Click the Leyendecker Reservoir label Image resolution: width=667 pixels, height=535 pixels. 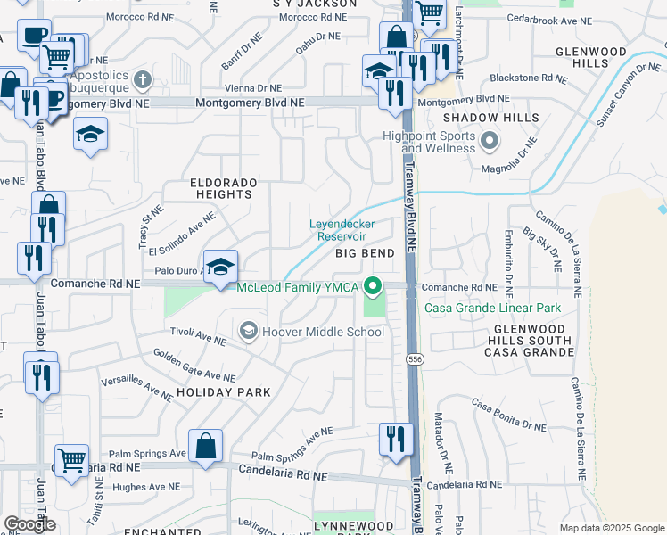coord(342,230)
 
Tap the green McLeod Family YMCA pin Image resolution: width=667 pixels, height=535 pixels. coord(375,286)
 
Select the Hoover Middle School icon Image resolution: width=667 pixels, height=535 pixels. coord(249,332)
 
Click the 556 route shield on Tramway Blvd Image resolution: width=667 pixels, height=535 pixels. coord(414,358)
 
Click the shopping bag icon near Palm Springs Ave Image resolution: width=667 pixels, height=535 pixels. coord(205,446)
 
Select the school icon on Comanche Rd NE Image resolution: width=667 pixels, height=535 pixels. coord(220,267)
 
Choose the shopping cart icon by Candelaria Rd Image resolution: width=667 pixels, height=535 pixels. coord(71,460)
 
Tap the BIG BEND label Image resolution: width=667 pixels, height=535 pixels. coord(365,253)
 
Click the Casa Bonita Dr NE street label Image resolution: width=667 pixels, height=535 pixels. coord(508,416)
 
